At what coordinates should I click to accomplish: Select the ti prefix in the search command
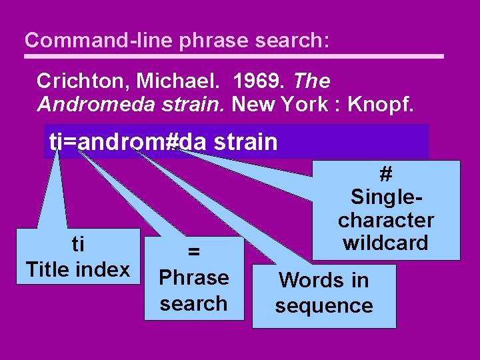pyautogui.click(x=55, y=141)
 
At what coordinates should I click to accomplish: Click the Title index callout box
pyautogui.click(x=78, y=257)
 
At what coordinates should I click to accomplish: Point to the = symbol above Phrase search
pyautogui.click(x=194, y=251)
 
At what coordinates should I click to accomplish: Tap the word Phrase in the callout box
pyautogui.click(x=194, y=277)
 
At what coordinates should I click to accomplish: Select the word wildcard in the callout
pyautogui.click(x=385, y=243)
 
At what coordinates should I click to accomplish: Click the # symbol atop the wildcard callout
pyautogui.click(x=385, y=175)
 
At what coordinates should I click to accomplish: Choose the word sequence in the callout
pyautogui.click(x=324, y=306)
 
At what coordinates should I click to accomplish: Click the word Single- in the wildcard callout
pyautogui.click(x=385, y=197)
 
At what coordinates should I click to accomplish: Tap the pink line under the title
pyautogui.click(x=233, y=57)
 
